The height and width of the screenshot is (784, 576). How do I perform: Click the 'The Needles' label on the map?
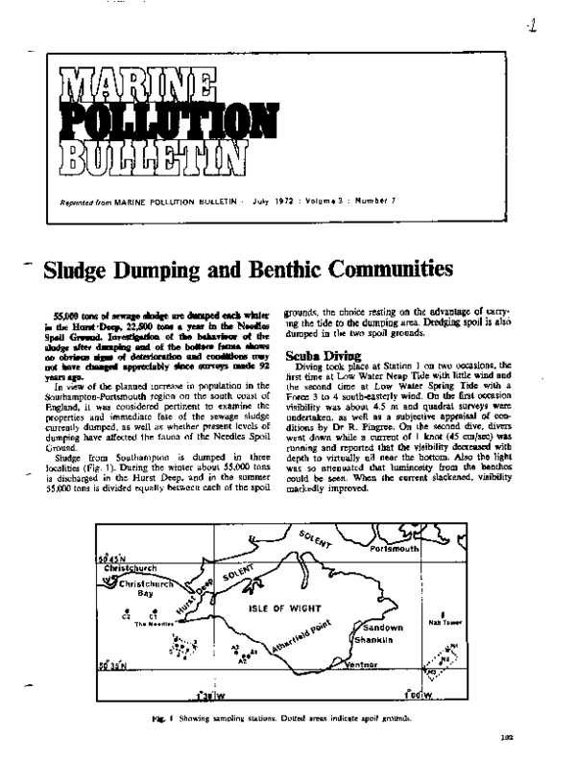click(154, 625)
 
